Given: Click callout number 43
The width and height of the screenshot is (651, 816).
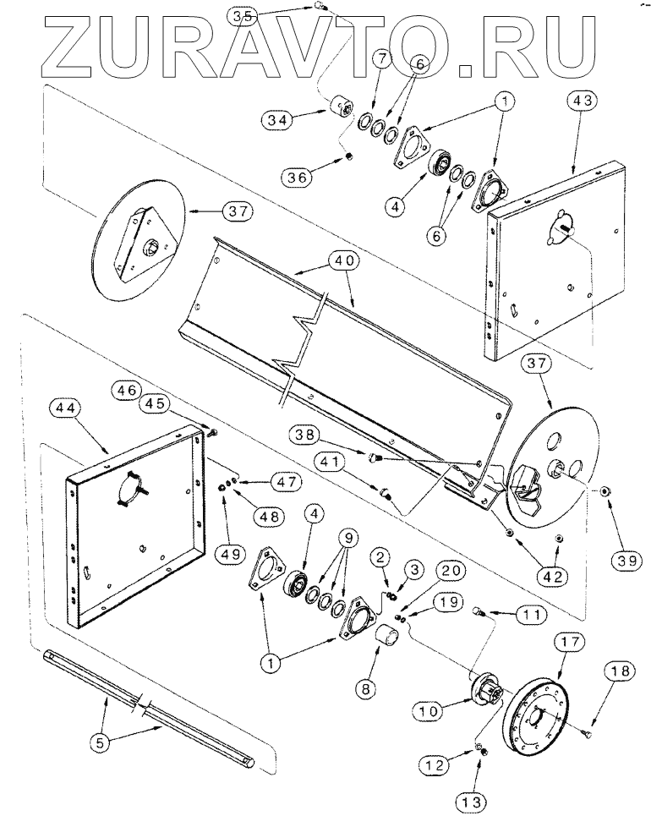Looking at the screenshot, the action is [x=583, y=101].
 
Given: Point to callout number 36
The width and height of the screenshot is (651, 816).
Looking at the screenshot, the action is [x=296, y=178].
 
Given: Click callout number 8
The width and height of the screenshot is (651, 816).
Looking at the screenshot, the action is [x=365, y=689].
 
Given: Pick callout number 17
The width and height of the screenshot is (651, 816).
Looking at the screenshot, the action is [x=570, y=642].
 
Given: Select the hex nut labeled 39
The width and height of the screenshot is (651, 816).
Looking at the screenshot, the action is [x=604, y=490].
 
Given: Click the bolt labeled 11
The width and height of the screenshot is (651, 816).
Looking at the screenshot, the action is [x=479, y=612].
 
